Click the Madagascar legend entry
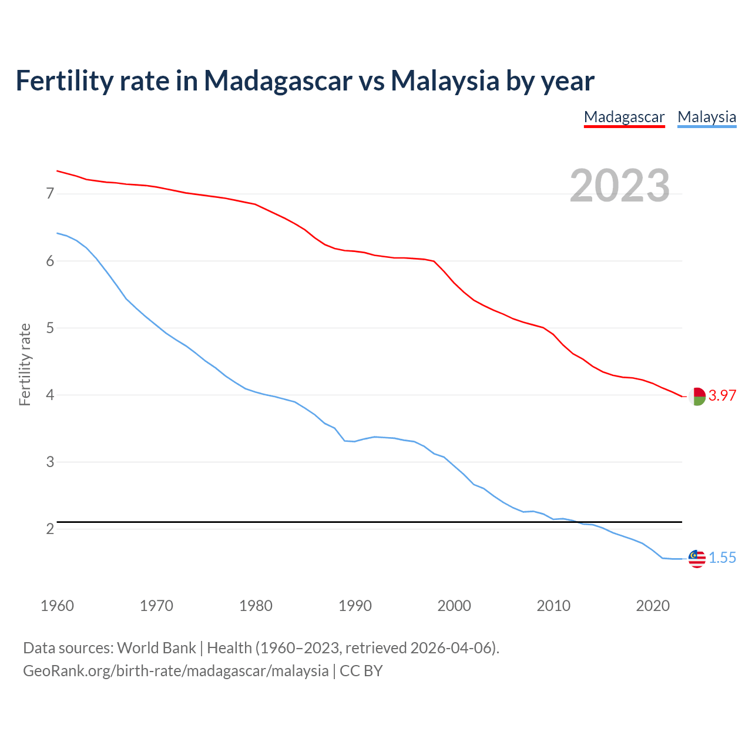pyautogui.click(x=624, y=117)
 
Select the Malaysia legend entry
pyautogui.click(x=707, y=117)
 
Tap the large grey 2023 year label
pyautogui.click(x=620, y=186)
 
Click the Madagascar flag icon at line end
pyautogui.click(x=697, y=397)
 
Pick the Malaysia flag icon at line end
pyautogui.click(x=697, y=559)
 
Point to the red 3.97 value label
pyautogui.click(x=722, y=396)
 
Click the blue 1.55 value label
pyautogui.click(x=722, y=558)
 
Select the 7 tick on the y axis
pyautogui.click(x=50, y=193)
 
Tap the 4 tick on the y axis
pyautogui.click(x=50, y=395)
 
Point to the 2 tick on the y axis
pyautogui.click(x=50, y=529)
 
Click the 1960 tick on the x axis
pyautogui.click(x=57, y=606)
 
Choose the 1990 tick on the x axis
pyautogui.click(x=355, y=606)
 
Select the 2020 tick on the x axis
pyautogui.click(x=653, y=606)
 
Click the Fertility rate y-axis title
pyautogui.click(x=25, y=364)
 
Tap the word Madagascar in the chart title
pyautogui.click(x=278, y=80)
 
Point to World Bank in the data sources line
pyautogui.click(x=156, y=648)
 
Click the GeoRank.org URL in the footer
pyautogui.click(x=176, y=671)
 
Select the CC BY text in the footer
pyautogui.click(x=361, y=671)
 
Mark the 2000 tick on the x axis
pyautogui.click(x=454, y=606)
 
